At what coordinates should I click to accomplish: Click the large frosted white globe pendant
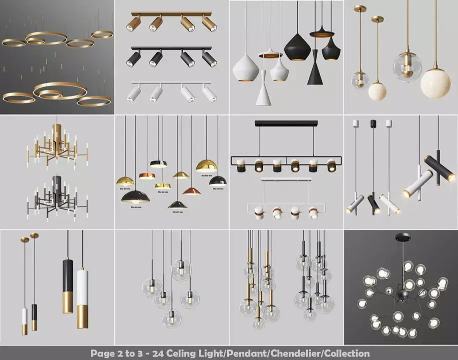click(435, 83)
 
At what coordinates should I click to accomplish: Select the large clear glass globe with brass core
click(406, 66)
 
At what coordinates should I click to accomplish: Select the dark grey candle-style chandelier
click(56, 197)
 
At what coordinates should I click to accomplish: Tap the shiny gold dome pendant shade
click(207, 166)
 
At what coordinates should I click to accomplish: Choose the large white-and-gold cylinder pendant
click(83, 297)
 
